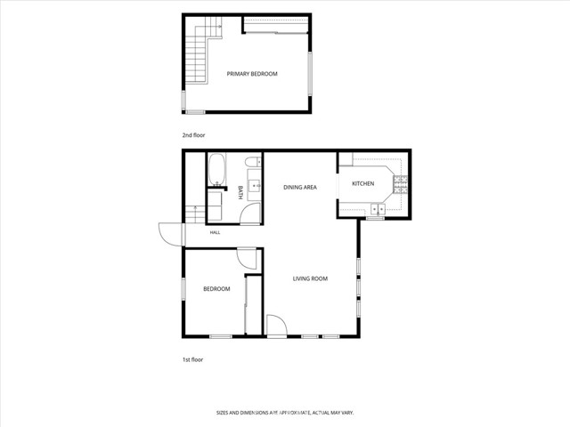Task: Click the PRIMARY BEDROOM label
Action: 252,74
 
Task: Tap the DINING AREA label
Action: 300,188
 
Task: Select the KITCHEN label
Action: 362,184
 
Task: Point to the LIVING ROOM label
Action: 310,278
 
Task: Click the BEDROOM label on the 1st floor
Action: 216,289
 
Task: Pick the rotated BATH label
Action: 240,192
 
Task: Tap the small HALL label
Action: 215,232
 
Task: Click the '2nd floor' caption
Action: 193,135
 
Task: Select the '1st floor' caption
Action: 192,359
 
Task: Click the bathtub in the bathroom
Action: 216,170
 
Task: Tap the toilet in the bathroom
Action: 253,162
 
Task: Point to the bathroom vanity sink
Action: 255,186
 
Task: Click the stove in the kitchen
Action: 400,184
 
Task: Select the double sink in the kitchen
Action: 378,210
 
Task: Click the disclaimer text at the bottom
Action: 285,413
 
